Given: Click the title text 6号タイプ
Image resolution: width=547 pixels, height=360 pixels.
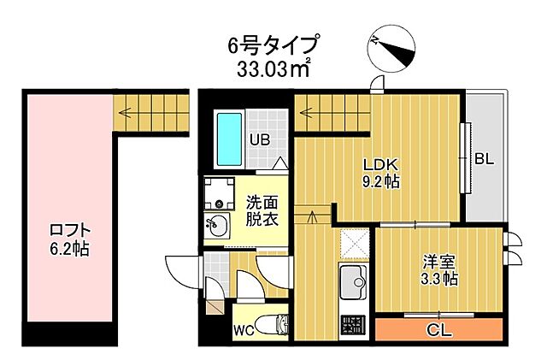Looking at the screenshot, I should click(x=273, y=43).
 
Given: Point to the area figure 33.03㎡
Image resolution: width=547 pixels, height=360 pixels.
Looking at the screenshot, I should click(x=273, y=68).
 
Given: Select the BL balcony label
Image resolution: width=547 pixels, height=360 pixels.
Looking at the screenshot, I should click(x=485, y=159).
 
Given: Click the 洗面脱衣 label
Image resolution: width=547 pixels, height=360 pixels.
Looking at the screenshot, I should click(x=262, y=210).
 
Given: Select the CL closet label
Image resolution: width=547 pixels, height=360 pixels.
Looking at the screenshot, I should click(x=438, y=329).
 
